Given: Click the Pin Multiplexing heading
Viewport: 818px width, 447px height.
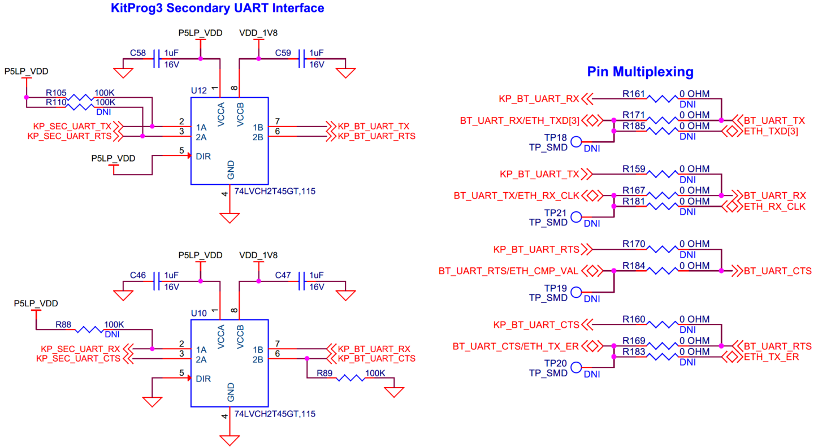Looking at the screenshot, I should [640, 72].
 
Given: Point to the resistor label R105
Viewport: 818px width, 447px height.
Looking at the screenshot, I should [56, 92].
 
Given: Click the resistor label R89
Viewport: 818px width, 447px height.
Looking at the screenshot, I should [325, 374].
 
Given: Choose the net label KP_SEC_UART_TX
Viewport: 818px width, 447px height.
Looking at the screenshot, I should [72, 127].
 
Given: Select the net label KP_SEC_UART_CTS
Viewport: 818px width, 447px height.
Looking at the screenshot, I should [77, 358].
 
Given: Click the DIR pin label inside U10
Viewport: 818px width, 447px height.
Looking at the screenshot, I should [204, 379].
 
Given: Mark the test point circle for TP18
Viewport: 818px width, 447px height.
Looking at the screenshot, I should [576, 142].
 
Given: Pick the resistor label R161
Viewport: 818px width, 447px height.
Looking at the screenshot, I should [634, 93].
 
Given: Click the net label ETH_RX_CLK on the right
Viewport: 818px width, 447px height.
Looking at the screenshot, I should [774, 206].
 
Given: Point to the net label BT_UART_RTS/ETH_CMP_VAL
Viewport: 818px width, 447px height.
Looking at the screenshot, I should [508, 271].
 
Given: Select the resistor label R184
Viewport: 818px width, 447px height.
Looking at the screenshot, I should [634, 266].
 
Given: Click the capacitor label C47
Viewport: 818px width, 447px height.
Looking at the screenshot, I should [283, 275].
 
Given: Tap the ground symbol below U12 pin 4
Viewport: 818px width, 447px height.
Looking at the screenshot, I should [230, 218].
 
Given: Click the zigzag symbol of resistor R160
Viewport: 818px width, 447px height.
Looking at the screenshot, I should [662, 325].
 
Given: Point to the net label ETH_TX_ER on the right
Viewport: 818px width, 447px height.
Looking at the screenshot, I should [771, 357].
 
